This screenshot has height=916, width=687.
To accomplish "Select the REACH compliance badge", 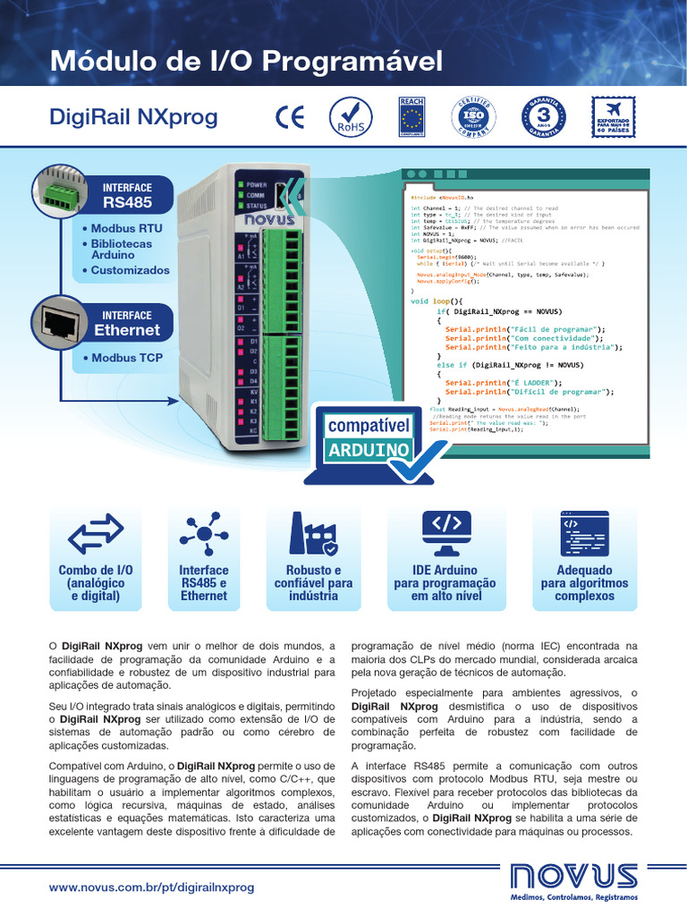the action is (411, 118).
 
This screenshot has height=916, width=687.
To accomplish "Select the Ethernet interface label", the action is (127, 323).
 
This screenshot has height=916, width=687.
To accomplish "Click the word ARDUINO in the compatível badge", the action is (369, 449).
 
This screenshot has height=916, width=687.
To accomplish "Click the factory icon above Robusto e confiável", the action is (313, 534).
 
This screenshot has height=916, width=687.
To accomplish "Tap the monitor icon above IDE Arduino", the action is (445, 534).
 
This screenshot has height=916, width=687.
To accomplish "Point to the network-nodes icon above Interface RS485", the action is (204, 534).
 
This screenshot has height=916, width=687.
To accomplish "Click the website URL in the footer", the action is (152, 887).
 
